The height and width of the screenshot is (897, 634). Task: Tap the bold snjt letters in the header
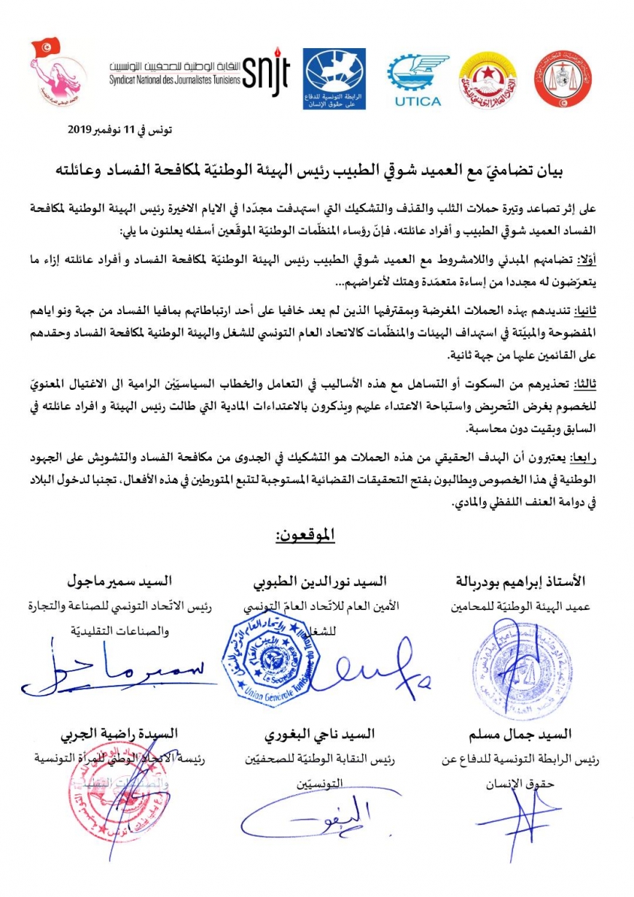(x=266, y=72)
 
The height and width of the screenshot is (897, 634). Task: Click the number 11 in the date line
(x=128, y=130)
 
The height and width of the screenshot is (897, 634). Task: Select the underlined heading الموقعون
(x=305, y=536)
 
